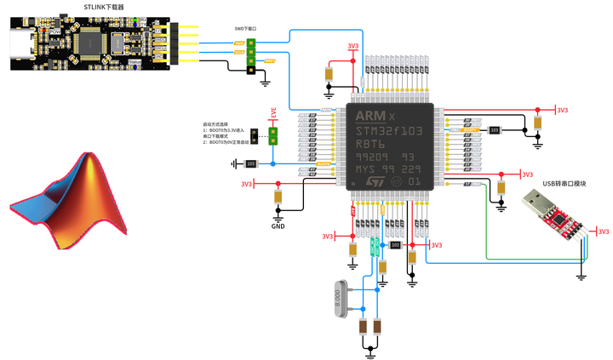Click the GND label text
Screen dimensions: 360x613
click(x=278, y=227)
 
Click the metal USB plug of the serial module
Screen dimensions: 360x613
click(x=537, y=203)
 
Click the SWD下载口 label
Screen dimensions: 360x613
click(x=246, y=28)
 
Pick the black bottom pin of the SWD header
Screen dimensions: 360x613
click(x=251, y=70)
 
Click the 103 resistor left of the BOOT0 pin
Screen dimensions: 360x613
click(x=251, y=163)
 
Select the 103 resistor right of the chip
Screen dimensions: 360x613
click(x=495, y=130)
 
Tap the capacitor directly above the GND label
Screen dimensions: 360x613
click(x=278, y=197)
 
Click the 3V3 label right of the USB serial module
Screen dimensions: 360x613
click(x=603, y=231)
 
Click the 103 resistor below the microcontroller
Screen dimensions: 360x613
click(x=395, y=245)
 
